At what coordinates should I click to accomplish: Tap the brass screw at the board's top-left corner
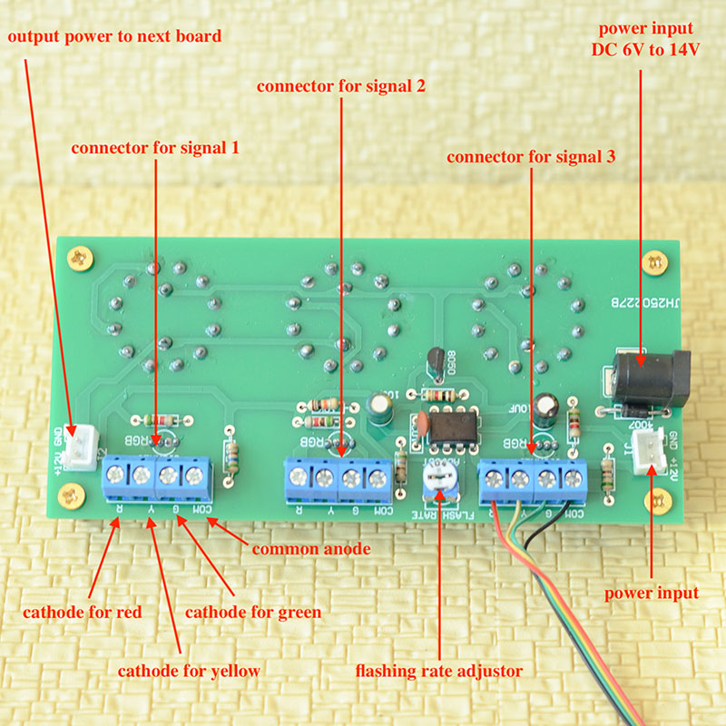pos(83,258)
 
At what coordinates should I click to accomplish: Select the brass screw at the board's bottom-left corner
pos(66,495)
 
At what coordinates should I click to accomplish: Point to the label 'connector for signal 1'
pos(155,146)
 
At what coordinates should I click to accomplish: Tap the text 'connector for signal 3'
pos(532,156)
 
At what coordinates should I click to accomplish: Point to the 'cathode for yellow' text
pos(189,671)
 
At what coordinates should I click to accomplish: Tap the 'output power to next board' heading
pos(115,36)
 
